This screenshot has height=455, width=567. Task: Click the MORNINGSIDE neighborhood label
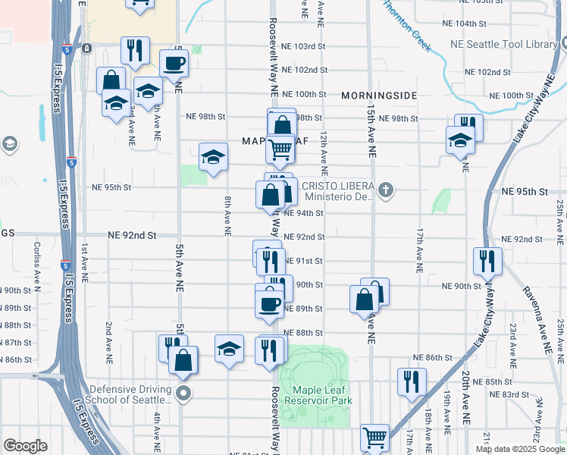(x=379, y=96)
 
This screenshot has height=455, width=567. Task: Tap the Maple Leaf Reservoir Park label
(x=318, y=394)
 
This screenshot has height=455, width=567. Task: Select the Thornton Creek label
(x=406, y=26)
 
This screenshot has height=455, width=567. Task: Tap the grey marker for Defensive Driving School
(x=183, y=393)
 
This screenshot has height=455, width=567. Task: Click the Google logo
(x=26, y=445)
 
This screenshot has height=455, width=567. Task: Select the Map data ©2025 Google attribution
(x=519, y=448)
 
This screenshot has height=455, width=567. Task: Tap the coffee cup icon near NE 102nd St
(x=174, y=63)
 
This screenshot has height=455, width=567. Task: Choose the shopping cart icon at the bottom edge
(x=374, y=438)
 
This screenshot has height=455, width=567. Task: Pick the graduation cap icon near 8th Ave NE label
(x=213, y=157)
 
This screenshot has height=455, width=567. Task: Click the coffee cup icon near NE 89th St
(x=269, y=303)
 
